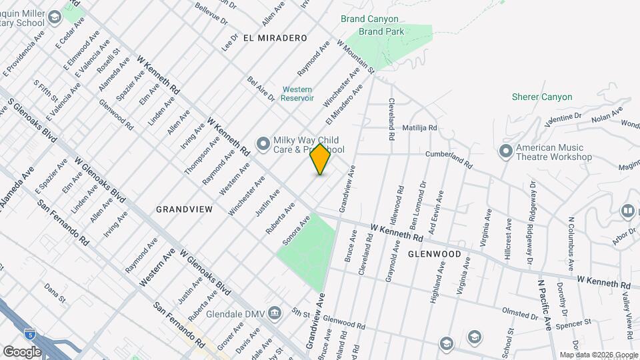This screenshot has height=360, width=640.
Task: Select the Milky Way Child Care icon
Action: point(263,141)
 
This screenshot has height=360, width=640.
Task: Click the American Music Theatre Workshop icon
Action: point(505,151)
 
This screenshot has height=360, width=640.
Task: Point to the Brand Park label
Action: point(381,31)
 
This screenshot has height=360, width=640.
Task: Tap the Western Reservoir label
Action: point(297,93)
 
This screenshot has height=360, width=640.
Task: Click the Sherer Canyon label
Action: point(541,97)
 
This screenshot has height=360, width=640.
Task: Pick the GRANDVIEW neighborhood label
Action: point(184,209)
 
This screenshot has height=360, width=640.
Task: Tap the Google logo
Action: point(22,351)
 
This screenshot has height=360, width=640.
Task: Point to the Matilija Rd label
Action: point(419,127)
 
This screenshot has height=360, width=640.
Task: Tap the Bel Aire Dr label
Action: point(261,89)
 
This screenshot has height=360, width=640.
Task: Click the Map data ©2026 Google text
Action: point(598,355)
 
